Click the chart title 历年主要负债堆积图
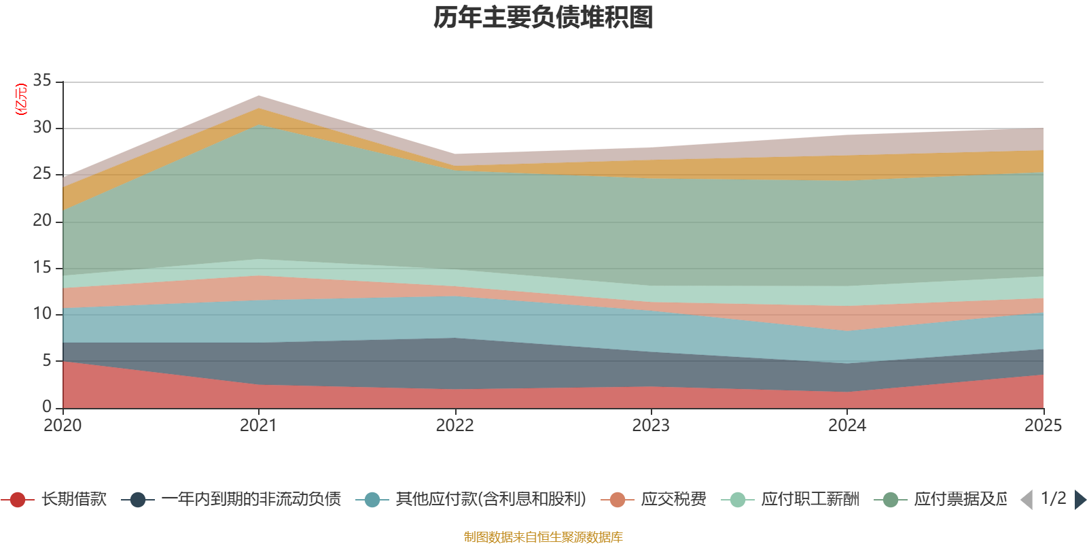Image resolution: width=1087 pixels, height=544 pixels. pos(543,18)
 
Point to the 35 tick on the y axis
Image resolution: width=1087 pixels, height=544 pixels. pos(42,80)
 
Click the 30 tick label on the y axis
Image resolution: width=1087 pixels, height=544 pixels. pos(42,127)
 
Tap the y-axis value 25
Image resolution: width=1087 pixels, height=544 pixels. pos(42,174)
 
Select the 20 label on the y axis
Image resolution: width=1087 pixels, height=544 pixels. pos(42,220)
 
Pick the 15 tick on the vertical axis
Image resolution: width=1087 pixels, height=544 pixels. pos(42,267)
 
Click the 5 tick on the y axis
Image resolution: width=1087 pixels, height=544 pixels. pos(47,360)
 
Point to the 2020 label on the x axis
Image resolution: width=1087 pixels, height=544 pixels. pos(63,426)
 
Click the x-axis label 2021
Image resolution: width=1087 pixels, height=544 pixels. pos(258,426)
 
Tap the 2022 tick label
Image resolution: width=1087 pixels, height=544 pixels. pos(455,426)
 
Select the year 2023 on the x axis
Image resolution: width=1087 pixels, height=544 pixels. pos(651,426)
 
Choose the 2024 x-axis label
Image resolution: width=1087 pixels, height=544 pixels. pos(847,426)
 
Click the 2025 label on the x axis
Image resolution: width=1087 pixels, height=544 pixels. pos(1042,426)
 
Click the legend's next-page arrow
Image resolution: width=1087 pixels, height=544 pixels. pos(1080,500)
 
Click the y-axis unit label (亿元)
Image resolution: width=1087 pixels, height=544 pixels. pos(21,99)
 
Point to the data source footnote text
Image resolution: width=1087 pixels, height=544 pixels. pos(543,537)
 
